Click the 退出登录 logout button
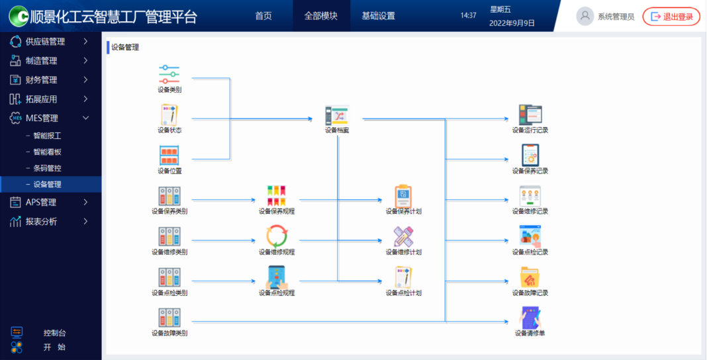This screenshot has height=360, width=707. pyautogui.click(x=671, y=17)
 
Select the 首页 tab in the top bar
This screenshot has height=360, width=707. pyautogui.click(x=263, y=16)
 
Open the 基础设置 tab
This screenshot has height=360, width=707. pyautogui.click(x=378, y=16)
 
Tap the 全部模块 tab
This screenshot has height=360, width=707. pyautogui.click(x=320, y=16)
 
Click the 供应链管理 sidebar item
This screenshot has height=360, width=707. pyautogui.click(x=45, y=42)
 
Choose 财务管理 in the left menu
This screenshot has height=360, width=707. pyautogui.click(x=41, y=80)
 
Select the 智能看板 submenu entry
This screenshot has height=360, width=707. pyautogui.click(x=47, y=152)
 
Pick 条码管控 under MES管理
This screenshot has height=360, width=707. pyautogui.click(x=47, y=168)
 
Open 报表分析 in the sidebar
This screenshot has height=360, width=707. pyautogui.click(x=41, y=222)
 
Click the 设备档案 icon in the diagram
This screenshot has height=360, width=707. pyautogui.click(x=337, y=116)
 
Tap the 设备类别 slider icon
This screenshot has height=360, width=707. pyautogui.click(x=169, y=74)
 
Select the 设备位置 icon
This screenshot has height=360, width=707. pyautogui.click(x=169, y=156)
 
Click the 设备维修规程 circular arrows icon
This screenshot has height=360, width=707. pyautogui.click(x=277, y=236)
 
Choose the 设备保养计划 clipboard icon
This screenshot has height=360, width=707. pyautogui.click(x=404, y=196)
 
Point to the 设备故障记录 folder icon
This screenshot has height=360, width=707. pyautogui.click(x=530, y=277)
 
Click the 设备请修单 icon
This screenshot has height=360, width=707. pyautogui.click(x=530, y=318)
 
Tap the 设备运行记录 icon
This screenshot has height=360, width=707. pyautogui.click(x=530, y=115)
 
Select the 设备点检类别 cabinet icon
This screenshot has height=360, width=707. pyautogui.click(x=169, y=277)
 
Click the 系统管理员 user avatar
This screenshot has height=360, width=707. pyautogui.click(x=585, y=17)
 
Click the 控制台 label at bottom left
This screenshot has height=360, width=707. pyautogui.click(x=54, y=333)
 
